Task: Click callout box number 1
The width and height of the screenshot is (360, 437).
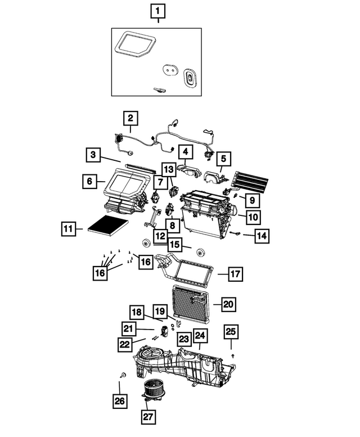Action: (158, 11)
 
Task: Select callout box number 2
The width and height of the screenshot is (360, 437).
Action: (130, 118)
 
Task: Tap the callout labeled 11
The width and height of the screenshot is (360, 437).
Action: (69, 229)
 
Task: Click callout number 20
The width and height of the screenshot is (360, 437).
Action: (228, 304)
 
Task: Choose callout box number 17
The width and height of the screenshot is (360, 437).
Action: (235, 274)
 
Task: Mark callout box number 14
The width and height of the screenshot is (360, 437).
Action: (261, 236)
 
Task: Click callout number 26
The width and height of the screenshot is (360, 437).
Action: (119, 401)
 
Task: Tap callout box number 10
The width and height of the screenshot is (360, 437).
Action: (253, 216)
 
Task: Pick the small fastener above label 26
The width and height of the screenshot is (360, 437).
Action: (122, 375)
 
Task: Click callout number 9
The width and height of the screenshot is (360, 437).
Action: (252, 199)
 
